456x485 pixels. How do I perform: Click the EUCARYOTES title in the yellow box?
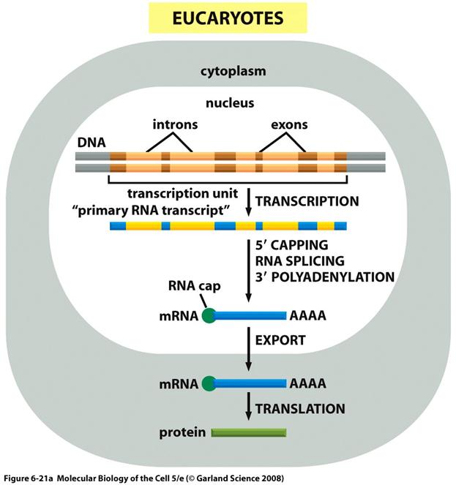coord(228,18)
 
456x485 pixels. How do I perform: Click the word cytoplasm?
coord(232,72)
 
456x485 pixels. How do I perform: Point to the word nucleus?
coord(229,103)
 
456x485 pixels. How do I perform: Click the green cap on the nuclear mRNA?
coord(209,316)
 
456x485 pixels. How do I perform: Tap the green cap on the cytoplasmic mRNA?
coord(209,383)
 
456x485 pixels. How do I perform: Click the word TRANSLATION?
coord(299,407)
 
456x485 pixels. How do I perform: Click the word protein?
coord(182,432)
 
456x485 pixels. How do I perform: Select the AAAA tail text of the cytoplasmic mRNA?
coord(307,383)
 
